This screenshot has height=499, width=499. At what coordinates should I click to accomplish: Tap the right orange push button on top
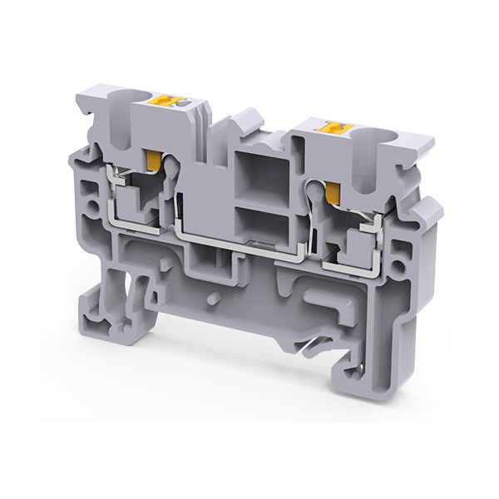(x=337, y=128)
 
